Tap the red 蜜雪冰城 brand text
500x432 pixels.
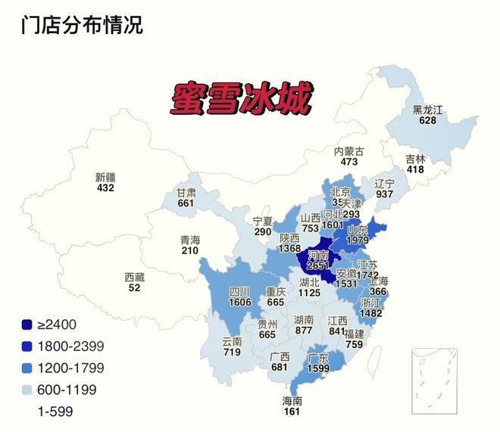[237, 99]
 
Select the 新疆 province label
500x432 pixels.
[105, 177]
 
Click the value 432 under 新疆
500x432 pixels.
[105, 188]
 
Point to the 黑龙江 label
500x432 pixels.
[427, 110]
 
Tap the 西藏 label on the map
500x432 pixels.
[135, 277]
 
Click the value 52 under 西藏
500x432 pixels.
[135, 287]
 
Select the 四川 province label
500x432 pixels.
[240, 291]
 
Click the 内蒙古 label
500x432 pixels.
[349, 151]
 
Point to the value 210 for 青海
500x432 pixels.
[190, 250]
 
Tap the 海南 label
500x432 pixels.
[292, 400]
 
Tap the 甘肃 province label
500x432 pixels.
[186, 192]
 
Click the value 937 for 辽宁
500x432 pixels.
[384, 194]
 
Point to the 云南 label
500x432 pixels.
[232, 341]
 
